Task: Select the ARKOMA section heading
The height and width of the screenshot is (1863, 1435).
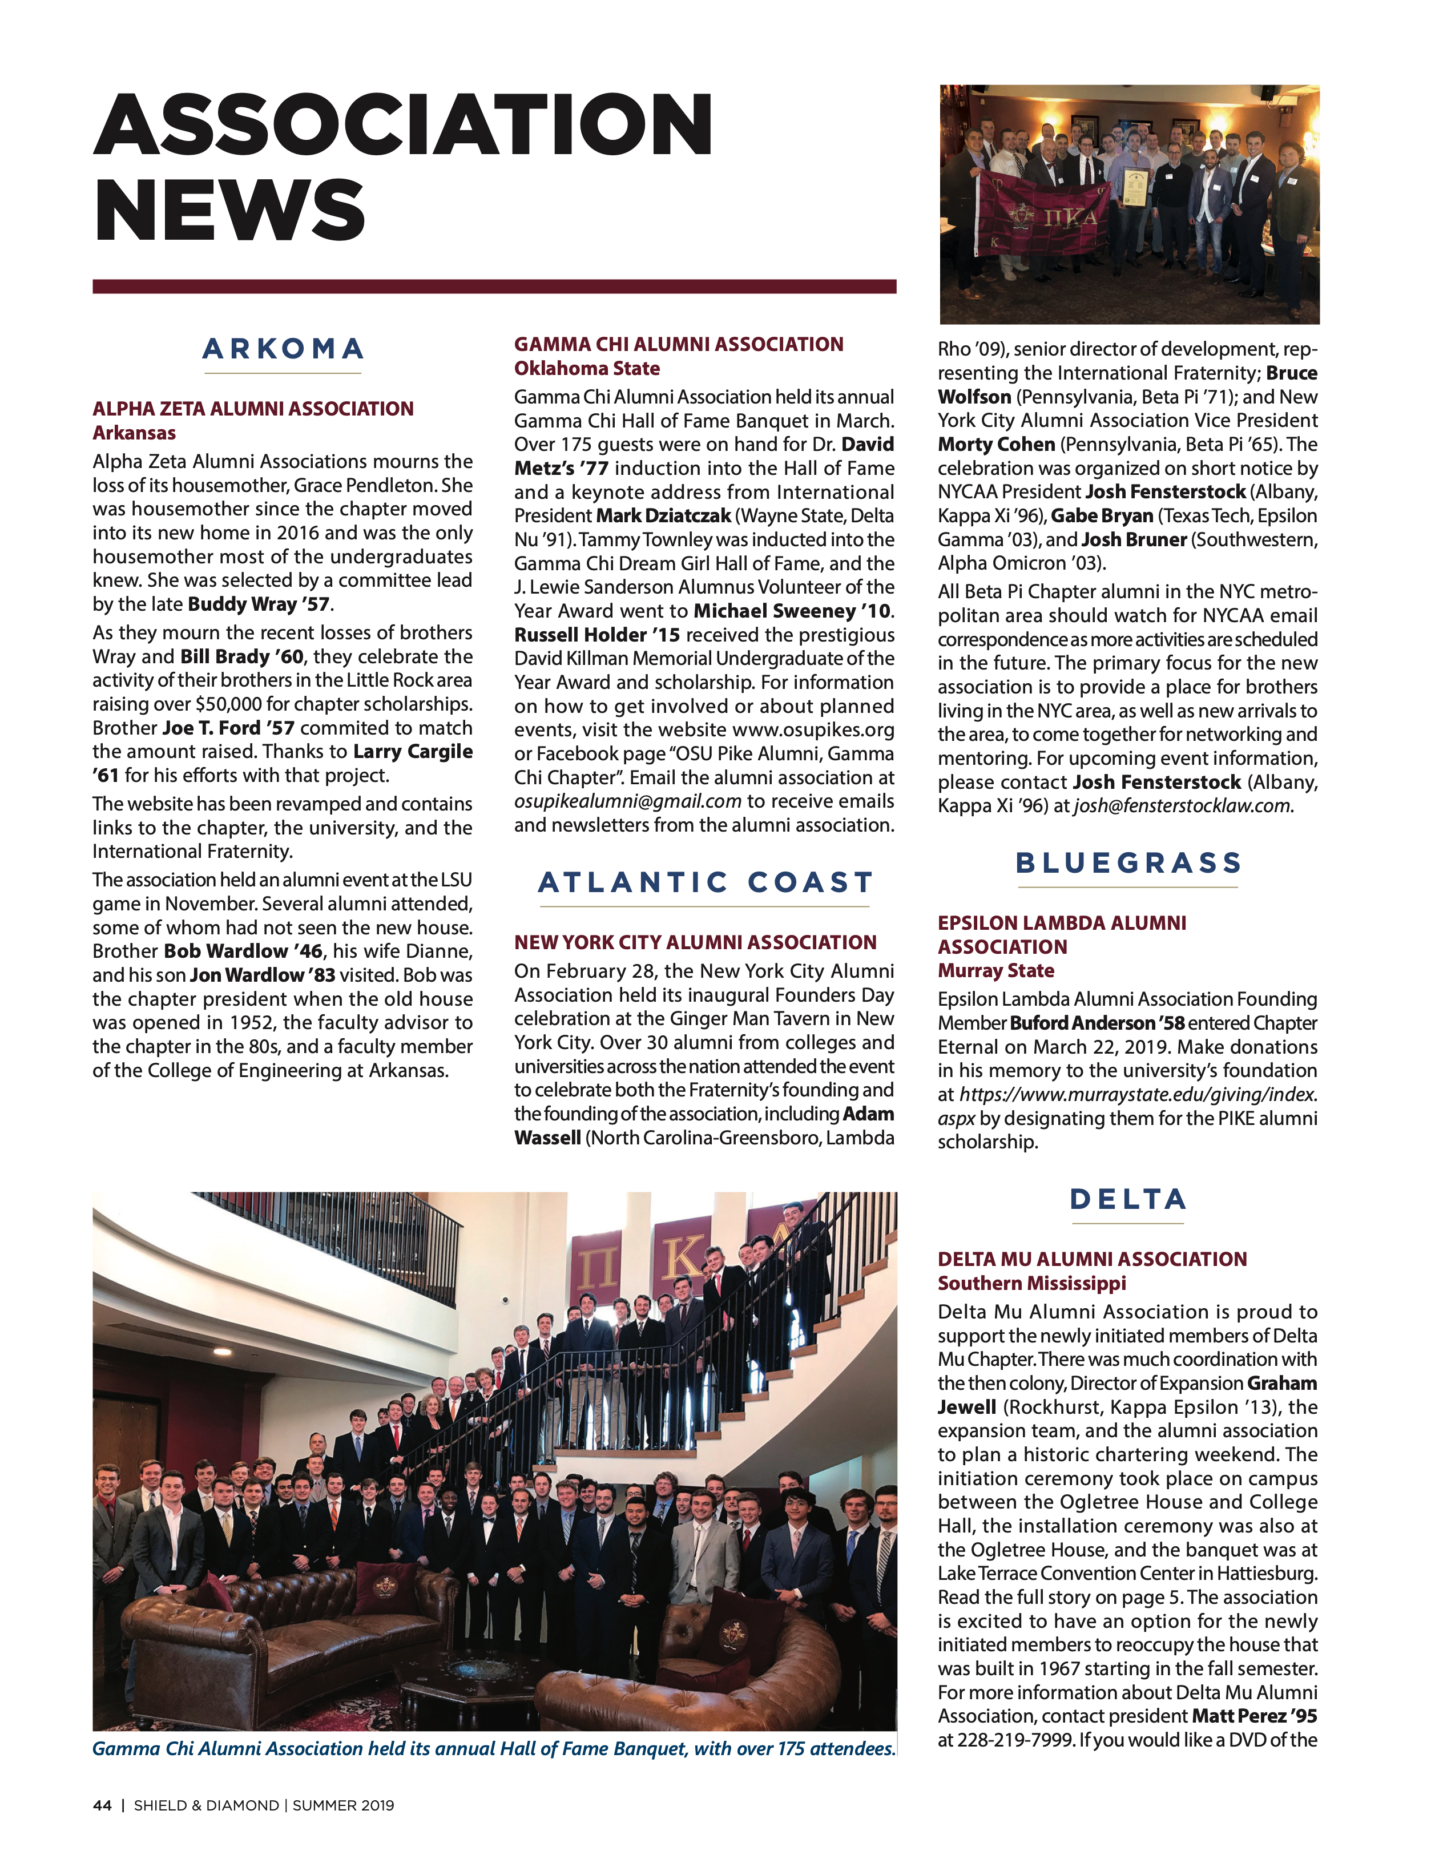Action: pos(283,349)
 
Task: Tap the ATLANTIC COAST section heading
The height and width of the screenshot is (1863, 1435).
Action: pos(705,882)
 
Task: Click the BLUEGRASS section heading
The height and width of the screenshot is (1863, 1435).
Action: pos(1128,862)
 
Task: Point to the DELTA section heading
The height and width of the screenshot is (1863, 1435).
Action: pos(1128,1199)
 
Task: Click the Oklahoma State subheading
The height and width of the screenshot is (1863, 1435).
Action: pos(587,369)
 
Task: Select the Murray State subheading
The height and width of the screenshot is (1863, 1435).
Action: pos(995,971)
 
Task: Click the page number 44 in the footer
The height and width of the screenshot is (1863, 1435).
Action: pos(102,1805)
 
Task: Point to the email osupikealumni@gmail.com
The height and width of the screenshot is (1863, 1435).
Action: pos(627,802)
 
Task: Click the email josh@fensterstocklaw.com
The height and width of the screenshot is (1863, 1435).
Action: pos(1183,806)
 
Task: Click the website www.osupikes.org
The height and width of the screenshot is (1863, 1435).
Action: pos(813,730)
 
